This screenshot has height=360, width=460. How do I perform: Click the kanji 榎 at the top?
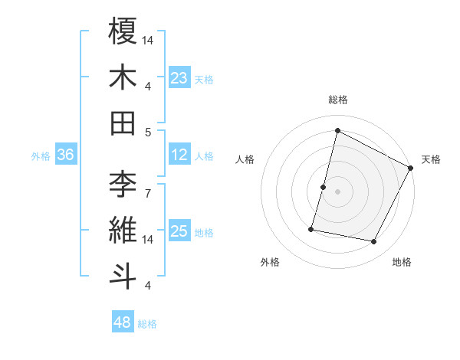point(123,32)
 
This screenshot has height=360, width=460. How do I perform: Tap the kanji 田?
point(123,123)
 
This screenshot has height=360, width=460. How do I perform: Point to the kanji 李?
point(123,185)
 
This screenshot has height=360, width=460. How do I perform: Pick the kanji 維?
point(123,231)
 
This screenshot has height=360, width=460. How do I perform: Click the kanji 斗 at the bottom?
point(123,276)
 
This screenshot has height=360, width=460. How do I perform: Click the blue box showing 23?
point(179,77)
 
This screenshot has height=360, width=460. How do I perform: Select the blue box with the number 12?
point(179,155)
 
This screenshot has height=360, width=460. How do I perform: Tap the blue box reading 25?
point(179,231)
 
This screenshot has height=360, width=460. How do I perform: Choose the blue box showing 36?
point(66,155)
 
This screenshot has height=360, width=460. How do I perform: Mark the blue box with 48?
point(123,322)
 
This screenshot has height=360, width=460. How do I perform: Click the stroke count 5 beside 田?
point(148,132)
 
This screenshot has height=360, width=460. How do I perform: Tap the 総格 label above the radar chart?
point(337,100)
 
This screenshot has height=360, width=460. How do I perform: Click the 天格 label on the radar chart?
point(432,159)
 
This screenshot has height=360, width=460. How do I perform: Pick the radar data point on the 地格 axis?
point(374,242)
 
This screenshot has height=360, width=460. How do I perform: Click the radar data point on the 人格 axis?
point(324,187)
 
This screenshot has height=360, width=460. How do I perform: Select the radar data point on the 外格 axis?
point(311,229)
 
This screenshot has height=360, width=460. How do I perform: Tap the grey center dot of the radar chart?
point(337,191)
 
